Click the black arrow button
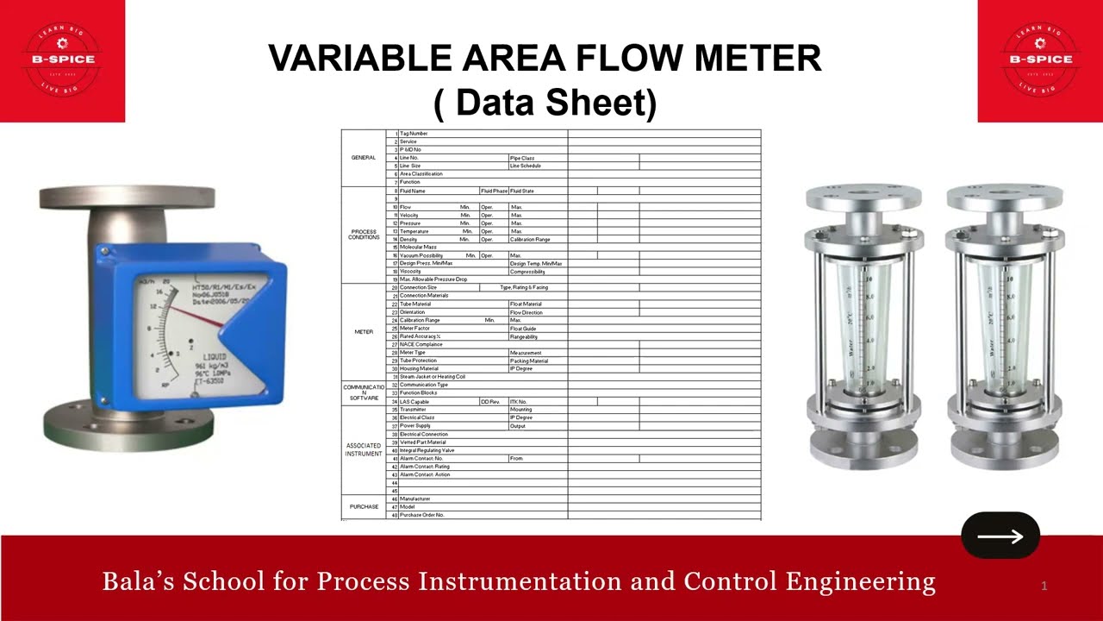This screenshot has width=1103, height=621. click(1000, 536)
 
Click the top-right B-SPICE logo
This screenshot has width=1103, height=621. click(1041, 60)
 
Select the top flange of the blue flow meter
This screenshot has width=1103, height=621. click(128, 197)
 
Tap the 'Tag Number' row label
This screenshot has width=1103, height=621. click(414, 134)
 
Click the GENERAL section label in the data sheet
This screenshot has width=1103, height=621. click(364, 158)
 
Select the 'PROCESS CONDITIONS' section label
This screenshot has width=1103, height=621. click(364, 235)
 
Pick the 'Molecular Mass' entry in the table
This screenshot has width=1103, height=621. click(418, 248)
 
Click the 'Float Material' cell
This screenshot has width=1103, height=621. click(527, 304)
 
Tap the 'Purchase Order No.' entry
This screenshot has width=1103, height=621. click(421, 515)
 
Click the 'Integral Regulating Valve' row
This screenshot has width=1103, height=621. click(427, 450)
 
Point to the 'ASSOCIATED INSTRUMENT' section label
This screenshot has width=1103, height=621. click(364, 449)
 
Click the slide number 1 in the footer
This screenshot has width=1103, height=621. click(1044, 586)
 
